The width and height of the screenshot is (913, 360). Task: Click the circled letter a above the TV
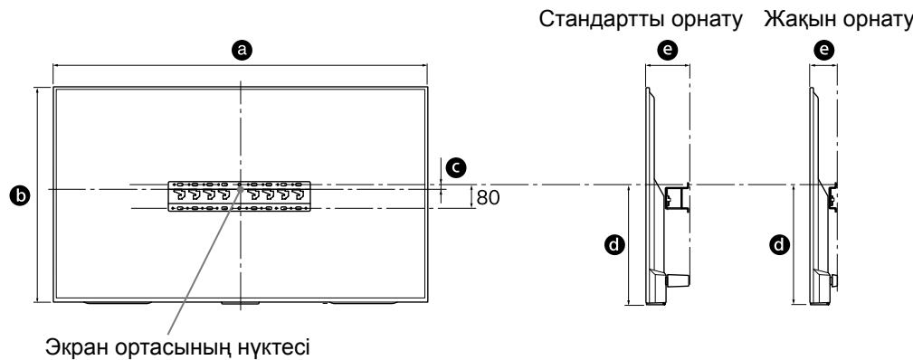click(x=241, y=52)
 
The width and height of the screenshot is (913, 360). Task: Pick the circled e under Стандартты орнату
click(x=669, y=52)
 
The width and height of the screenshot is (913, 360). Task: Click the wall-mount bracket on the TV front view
click(x=240, y=196)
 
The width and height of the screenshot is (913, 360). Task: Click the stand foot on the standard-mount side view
click(x=674, y=281)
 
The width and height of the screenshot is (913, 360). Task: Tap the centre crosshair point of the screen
click(x=241, y=189)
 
